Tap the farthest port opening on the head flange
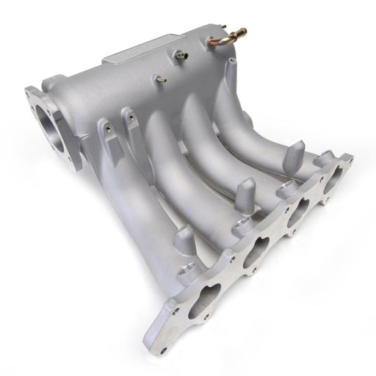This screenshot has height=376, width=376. (x=334, y=180)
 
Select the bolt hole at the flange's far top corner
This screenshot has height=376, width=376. (x=346, y=158)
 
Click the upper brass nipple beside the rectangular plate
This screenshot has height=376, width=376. (x=179, y=54)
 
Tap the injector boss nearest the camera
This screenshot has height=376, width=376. (x=185, y=239)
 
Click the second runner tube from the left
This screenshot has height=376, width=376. (x=169, y=162)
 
